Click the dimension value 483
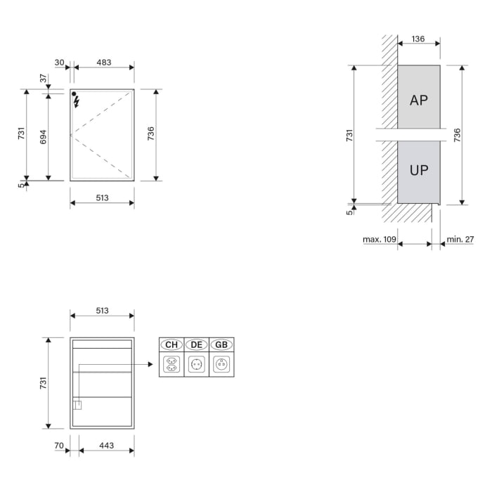pos(103,63)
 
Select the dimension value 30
pos(59,63)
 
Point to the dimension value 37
pos(43,79)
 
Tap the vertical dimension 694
pos(43,136)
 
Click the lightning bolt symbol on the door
pos(76,102)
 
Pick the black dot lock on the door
pos(74,93)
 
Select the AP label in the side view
pos(418,101)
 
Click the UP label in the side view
pos(419,169)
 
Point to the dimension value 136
pos(418,39)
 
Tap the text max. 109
pos(380,240)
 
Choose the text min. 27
pos(460,240)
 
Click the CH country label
pos(171,344)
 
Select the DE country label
pos(196,344)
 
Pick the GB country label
pos(221,344)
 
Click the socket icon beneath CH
pos(171,364)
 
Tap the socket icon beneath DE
pos(196,364)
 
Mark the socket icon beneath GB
pos(221,364)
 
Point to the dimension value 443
pos(106,446)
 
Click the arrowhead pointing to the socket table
pos(150,364)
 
